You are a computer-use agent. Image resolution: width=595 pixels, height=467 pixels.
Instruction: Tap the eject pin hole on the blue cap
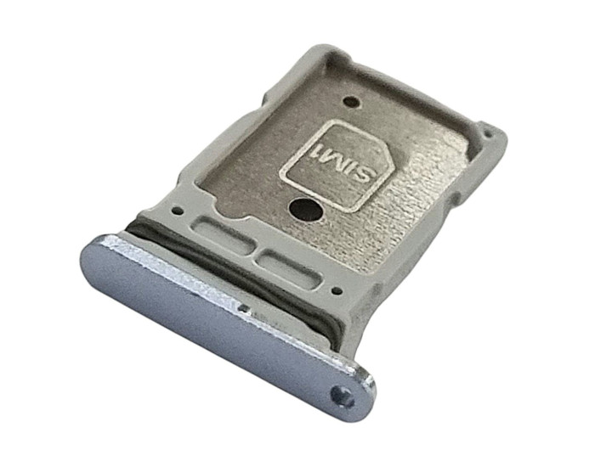click(x=343, y=397)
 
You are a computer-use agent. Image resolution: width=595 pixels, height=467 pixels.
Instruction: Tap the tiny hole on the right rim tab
click(x=488, y=133)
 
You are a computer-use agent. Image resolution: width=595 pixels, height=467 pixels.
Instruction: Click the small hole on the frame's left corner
click(x=176, y=210)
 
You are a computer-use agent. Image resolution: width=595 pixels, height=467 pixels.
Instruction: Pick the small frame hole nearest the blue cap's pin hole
click(x=336, y=291)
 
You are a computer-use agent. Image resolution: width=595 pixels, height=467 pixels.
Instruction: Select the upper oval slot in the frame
click(x=222, y=234)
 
